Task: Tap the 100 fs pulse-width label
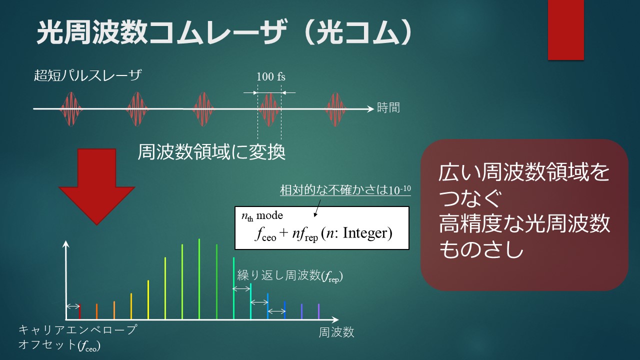tap(271, 76)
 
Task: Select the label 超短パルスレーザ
tap(87, 75)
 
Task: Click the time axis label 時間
tap(388, 107)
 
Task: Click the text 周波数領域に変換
tap(211, 152)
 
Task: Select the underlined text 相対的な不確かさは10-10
tap(345, 190)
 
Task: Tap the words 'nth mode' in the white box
tap(262, 215)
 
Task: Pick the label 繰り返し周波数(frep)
tap(290, 275)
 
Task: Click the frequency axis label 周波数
tap(336, 332)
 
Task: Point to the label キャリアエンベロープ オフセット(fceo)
tap(77, 337)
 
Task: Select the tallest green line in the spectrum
tap(199, 279)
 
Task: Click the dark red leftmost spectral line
tap(79, 311)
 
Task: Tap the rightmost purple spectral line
tap(318, 311)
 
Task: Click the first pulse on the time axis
tap(71, 109)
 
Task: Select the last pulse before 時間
tap(335, 109)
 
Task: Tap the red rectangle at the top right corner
tap(565, 29)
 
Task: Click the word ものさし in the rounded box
tap(481, 249)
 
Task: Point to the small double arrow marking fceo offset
tap(73, 306)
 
